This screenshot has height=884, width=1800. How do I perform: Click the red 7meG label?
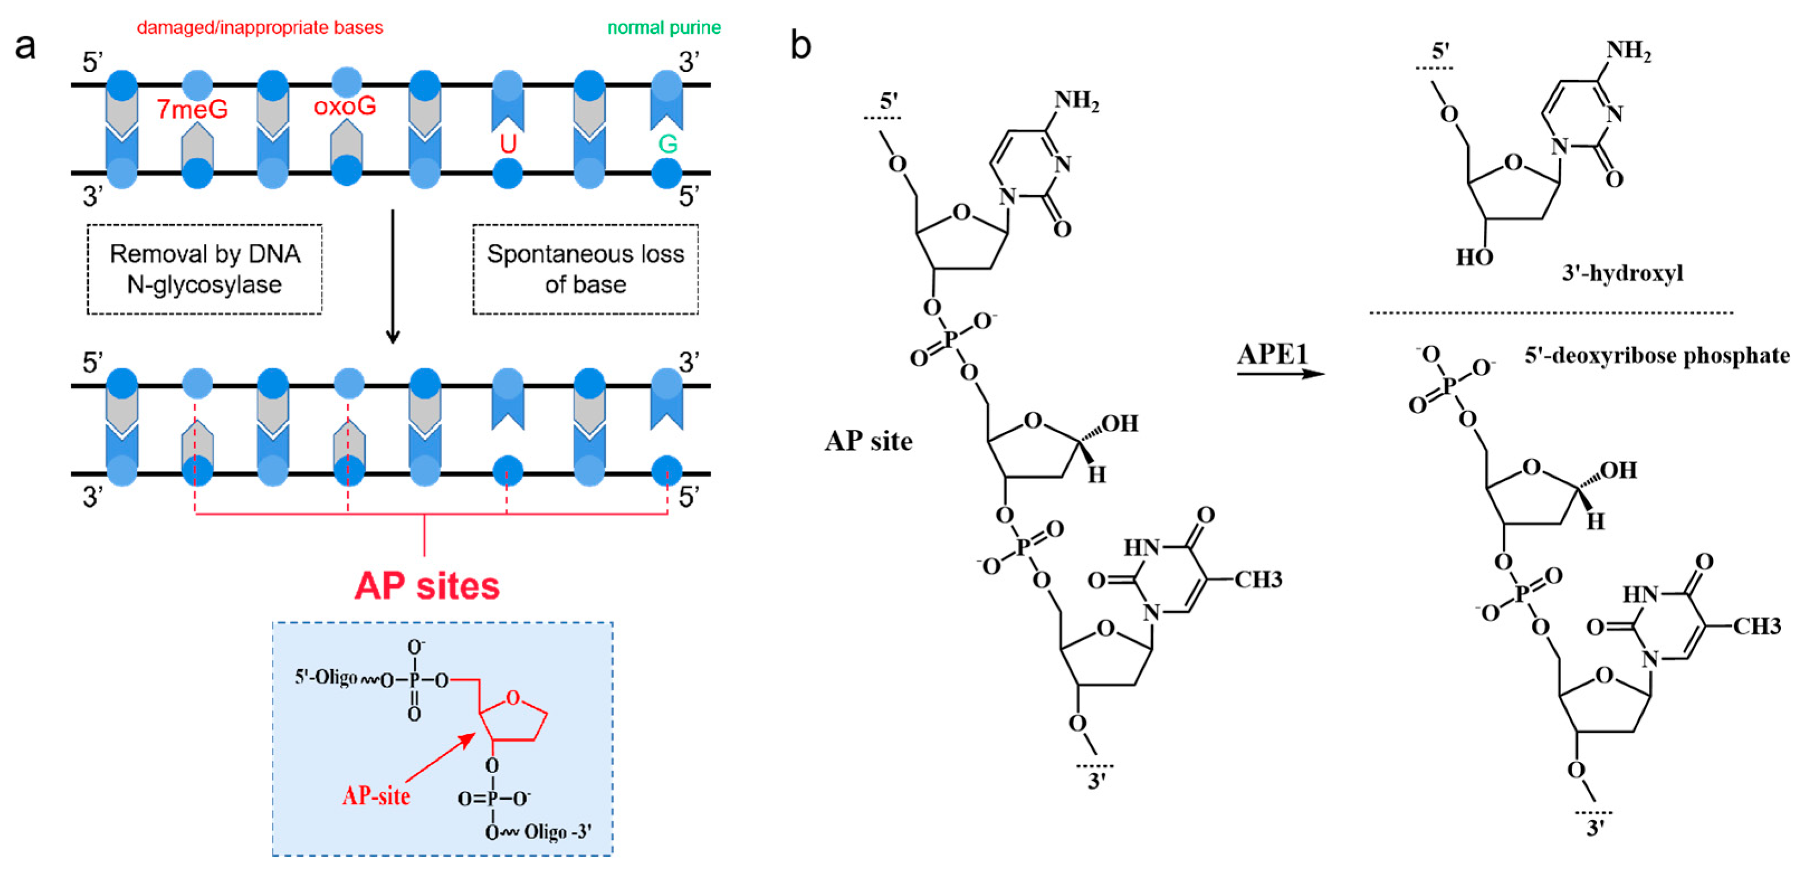[192, 109]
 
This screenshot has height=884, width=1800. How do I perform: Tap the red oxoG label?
[345, 106]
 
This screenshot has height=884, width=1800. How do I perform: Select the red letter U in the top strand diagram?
[508, 144]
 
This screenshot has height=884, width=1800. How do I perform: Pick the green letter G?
[667, 144]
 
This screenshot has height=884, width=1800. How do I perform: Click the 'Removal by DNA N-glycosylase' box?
[205, 270]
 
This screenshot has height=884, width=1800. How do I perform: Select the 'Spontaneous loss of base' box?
[586, 270]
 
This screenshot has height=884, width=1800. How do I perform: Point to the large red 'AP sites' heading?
[427, 585]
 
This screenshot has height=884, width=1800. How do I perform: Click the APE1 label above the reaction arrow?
[1273, 355]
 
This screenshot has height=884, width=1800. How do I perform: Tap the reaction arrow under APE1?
[1280, 373]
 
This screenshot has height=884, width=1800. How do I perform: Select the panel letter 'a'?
[25, 47]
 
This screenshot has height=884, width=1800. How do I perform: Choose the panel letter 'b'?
[801, 46]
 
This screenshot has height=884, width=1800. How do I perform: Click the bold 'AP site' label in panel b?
[869, 441]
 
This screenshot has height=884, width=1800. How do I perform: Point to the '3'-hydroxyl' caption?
[1622, 272]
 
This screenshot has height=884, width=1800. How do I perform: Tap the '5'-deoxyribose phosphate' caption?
[1657, 356]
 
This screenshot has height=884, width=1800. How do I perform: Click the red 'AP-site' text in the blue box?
[376, 795]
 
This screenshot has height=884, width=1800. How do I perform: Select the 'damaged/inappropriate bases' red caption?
[260, 28]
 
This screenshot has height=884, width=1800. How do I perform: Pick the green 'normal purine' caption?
[664, 28]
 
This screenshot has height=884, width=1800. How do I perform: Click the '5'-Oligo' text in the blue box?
[325, 678]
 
